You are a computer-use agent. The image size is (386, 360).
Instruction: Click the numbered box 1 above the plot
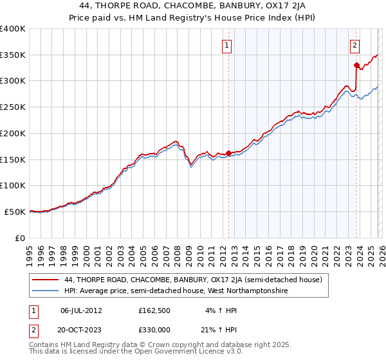(228, 45)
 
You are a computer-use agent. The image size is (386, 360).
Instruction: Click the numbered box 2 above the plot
(354, 45)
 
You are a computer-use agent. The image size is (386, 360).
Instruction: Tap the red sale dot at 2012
(228, 153)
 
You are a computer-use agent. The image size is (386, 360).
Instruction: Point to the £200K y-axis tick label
(12, 133)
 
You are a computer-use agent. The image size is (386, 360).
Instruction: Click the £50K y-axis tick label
(14, 212)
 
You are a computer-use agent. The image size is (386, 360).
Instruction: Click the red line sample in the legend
(45, 280)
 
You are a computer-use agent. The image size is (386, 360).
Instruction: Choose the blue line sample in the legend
(45, 291)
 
